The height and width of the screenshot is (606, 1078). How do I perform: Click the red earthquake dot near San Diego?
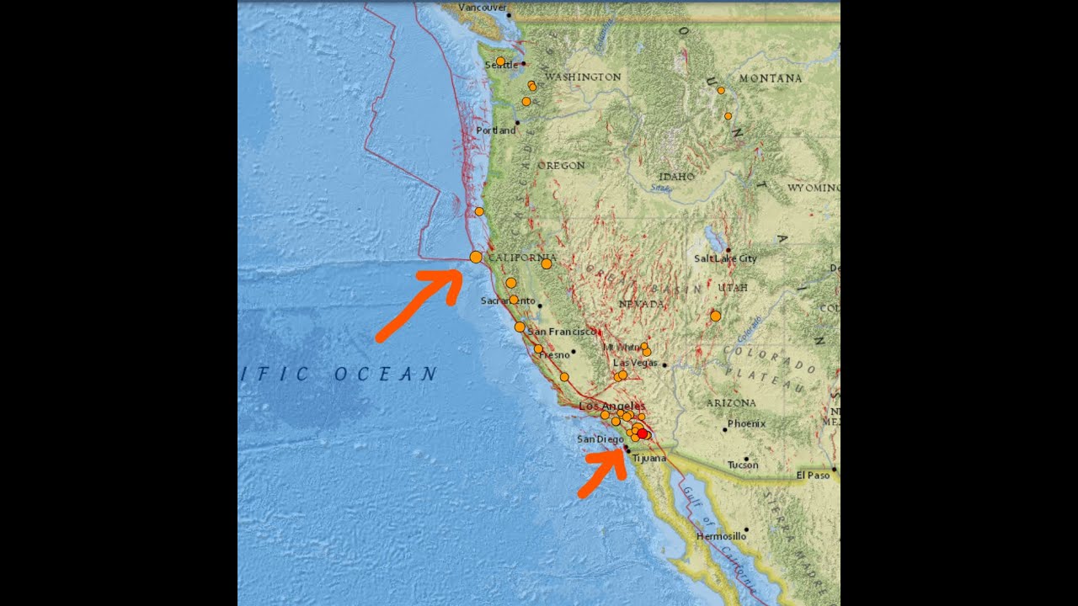coord(643,433)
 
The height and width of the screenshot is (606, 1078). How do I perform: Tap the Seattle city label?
coord(502,66)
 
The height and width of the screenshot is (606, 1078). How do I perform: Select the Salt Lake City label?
coord(725,258)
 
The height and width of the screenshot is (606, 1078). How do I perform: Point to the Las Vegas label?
coord(635,363)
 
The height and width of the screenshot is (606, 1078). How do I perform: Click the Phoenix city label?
coord(746,423)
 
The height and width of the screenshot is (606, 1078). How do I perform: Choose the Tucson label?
coord(743,465)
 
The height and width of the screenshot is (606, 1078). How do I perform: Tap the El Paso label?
coord(813,475)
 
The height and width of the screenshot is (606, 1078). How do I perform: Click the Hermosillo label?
coord(721,536)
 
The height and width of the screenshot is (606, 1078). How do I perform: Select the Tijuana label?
coord(648,459)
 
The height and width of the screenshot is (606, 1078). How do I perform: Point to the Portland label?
coord(495,130)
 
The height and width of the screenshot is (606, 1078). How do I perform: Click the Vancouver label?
coord(483,8)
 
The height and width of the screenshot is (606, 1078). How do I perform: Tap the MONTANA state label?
coord(770,78)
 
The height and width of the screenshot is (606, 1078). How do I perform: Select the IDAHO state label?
coord(676,177)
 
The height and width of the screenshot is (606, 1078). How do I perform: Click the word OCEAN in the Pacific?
coord(386,374)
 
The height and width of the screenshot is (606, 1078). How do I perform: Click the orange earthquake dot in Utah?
coord(715,316)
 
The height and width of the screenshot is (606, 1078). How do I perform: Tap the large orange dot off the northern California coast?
coord(476,257)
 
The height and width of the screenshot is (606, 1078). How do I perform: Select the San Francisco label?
coord(563,332)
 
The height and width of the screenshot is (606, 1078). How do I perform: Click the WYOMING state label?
coord(813,188)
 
